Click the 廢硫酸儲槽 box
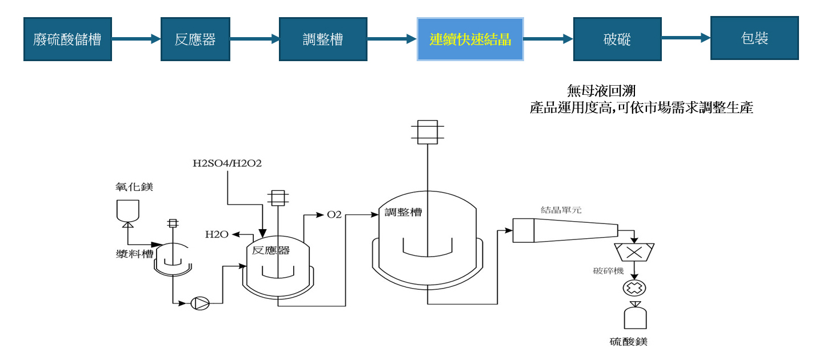67,39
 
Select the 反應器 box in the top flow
195,39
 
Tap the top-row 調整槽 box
323,39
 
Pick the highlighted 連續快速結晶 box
470,39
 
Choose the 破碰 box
617,39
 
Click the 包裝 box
754,38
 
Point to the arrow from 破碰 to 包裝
686,38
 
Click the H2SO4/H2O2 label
227,165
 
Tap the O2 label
334,215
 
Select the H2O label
217,234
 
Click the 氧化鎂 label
127,187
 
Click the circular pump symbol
200,303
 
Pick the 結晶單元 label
561,210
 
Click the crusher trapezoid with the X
633,251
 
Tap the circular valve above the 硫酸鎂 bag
633,287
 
